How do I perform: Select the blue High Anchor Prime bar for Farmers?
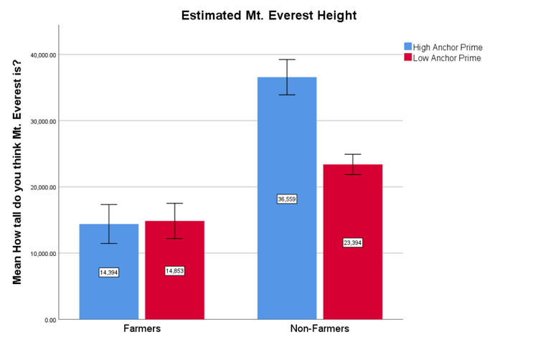coord(108,287)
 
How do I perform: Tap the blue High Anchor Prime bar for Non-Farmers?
coord(287,251)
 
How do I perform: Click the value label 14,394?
coord(108,272)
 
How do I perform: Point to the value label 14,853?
coord(174,270)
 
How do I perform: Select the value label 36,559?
coord(287,199)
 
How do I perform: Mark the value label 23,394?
coord(352,242)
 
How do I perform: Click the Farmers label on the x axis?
coord(141,328)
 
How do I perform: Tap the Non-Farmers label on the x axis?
coord(319,328)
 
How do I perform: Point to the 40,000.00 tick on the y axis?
coord(42,55)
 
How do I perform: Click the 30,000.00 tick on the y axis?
coord(42,121)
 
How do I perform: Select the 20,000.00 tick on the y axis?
coord(42,187)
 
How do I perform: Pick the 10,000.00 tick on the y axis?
coord(42,253)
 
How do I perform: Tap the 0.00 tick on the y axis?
coord(48,320)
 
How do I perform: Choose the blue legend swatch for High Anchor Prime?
coord(407,47)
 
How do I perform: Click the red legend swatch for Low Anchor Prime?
coord(407,57)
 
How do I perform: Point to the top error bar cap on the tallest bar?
coord(287,60)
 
